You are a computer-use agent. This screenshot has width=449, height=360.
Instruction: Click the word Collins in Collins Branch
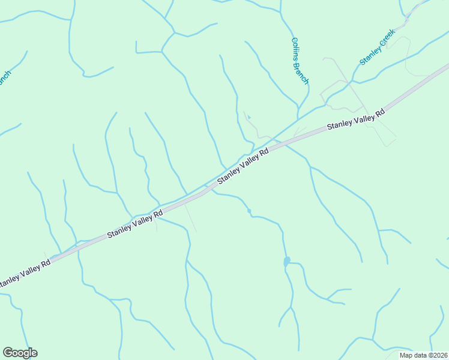tap(297, 50)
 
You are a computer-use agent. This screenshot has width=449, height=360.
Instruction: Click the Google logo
tap(20, 353)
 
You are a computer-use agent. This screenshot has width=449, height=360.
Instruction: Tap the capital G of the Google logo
tap(8, 353)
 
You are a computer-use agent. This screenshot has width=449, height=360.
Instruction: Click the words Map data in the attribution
tap(414, 355)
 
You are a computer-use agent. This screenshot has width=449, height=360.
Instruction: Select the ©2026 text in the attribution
tap(438, 355)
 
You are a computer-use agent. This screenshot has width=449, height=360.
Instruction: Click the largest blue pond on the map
tap(287, 261)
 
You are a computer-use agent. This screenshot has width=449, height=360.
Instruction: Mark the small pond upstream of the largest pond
tap(249, 211)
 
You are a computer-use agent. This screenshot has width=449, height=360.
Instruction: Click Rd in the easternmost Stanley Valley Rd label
tap(379, 113)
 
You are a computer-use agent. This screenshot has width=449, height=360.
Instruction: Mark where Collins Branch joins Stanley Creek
tap(298, 118)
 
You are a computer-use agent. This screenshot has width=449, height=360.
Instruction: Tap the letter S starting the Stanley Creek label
tap(362, 62)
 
